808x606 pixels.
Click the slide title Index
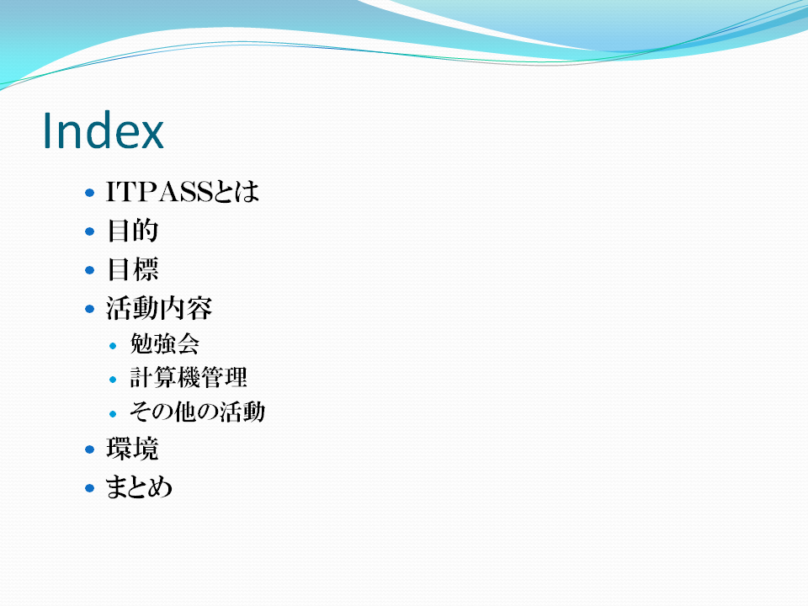(x=103, y=130)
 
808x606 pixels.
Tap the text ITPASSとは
(x=183, y=192)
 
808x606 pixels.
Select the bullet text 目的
(x=132, y=231)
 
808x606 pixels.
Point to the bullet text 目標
(x=132, y=269)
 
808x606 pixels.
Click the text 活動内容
(x=159, y=308)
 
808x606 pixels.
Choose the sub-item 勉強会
(x=164, y=343)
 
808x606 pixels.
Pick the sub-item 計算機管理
(x=188, y=377)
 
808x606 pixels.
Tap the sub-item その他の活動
(x=197, y=412)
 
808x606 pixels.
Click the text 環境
(x=132, y=449)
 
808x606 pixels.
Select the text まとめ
(x=139, y=487)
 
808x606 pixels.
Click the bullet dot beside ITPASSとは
(x=90, y=193)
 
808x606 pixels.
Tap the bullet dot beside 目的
(x=90, y=231)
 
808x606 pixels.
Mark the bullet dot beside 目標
(x=90, y=270)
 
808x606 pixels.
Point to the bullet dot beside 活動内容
(x=90, y=309)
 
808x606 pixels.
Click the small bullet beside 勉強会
(x=113, y=346)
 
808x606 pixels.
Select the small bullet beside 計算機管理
(x=113, y=380)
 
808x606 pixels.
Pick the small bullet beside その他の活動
(x=113, y=414)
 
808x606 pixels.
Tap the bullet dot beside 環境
(x=90, y=449)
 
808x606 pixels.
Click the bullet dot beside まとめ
(x=90, y=488)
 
